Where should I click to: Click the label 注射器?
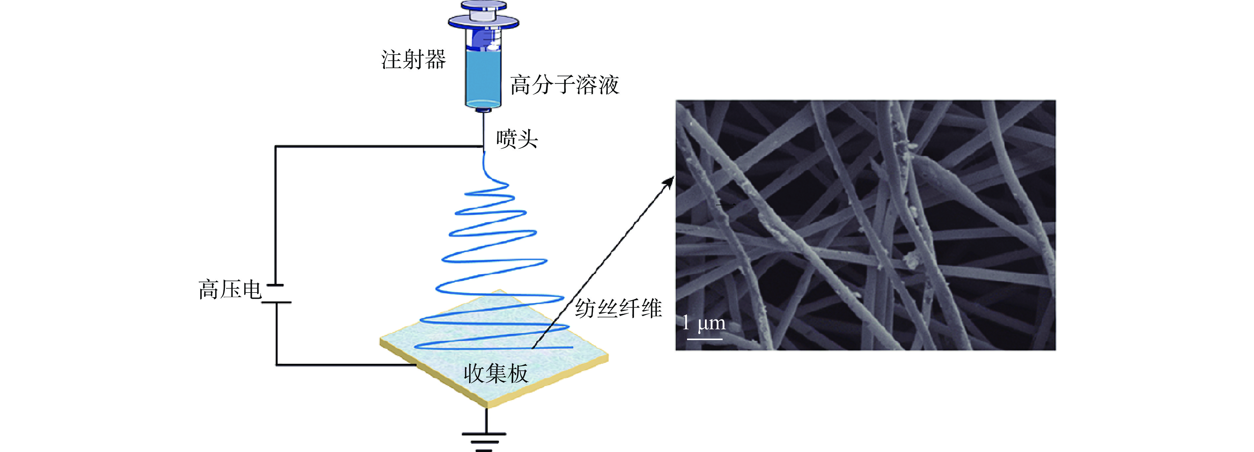(x=413, y=60)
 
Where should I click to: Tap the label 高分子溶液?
(x=564, y=85)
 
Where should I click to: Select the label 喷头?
(x=517, y=139)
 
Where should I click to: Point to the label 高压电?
(x=230, y=290)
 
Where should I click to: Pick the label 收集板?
(x=496, y=374)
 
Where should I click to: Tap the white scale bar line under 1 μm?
(x=704, y=339)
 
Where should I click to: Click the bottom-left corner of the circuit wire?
(x=276, y=364)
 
